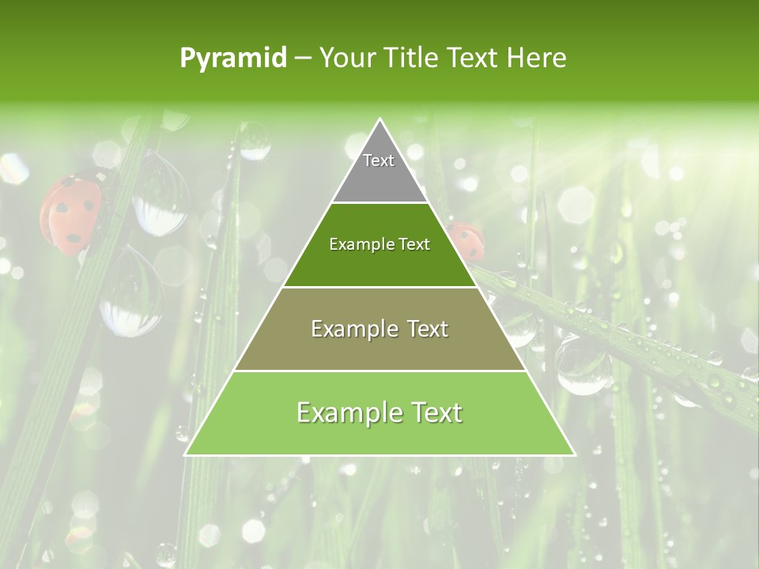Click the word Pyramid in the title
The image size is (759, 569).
click(x=233, y=58)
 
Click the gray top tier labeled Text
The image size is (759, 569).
click(x=379, y=170)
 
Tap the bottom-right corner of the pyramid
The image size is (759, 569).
click(x=573, y=454)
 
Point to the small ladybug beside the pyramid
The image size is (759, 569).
click(x=466, y=241)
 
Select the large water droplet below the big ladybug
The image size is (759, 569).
click(x=130, y=292)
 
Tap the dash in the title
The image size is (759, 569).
click(x=303, y=58)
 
